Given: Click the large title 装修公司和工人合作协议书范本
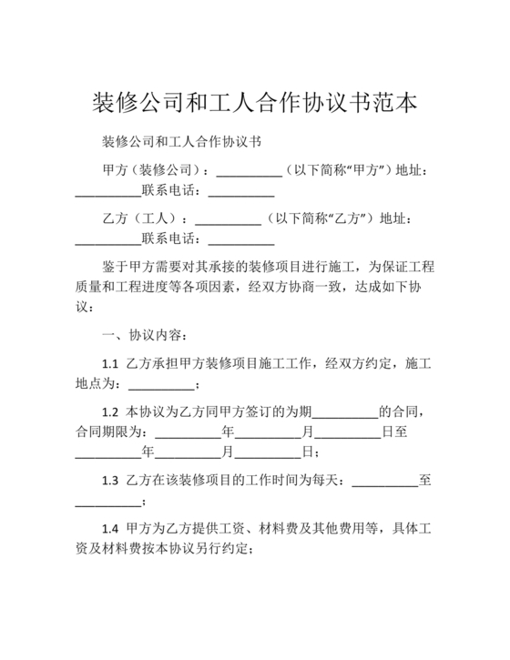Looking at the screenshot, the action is click(x=255, y=101).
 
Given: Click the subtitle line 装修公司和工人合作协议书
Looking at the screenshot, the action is click(x=181, y=142).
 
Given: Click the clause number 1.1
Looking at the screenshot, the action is click(x=110, y=363).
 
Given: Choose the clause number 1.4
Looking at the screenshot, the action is click(x=110, y=528).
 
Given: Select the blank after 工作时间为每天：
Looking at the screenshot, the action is click(x=384, y=480).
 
